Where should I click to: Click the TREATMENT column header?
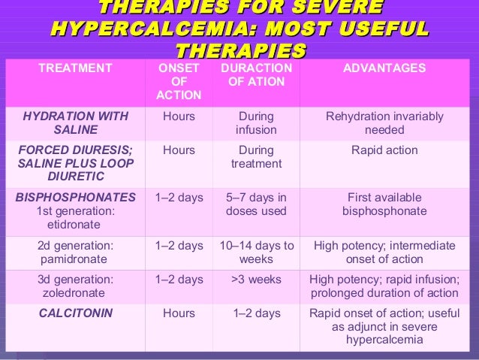pyautogui.click(x=75, y=68)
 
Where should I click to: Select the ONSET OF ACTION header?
pyautogui.click(x=179, y=81)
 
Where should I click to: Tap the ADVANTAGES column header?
pyautogui.click(x=384, y=68)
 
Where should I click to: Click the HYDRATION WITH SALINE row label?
pyautogui.click(x=75, y=123)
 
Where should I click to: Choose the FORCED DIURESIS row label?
pyautogui.click(x=75, y=163)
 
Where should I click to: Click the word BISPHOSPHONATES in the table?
pyautogui.click(x=75, y=198)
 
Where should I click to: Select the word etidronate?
pyautogui.click(x=76, y=224)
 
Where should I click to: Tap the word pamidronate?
pyautogui.click(x=75, y=259)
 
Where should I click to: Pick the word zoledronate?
pyautogui.click(x=75, y=292)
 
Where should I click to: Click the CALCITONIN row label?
pyautogui.click(x=75, y=314)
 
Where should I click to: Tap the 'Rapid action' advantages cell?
pyautogui.click(x=384, y=150)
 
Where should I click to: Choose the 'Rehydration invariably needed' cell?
pyautogui.click(x=384, y=123)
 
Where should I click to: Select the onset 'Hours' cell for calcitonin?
pyautogui.click(x=179, y=314)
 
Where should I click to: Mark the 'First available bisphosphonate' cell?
pyautogui.click(x=384, y=204)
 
